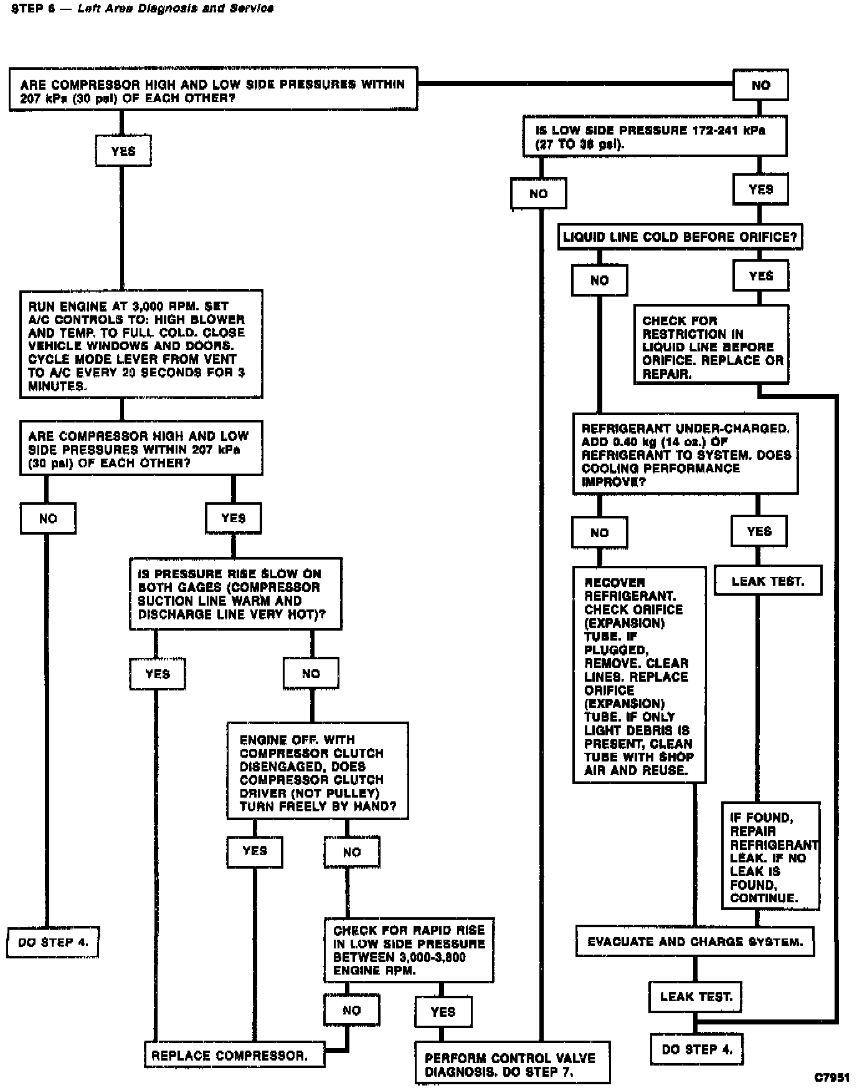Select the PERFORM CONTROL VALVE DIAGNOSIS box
pyautogui.click(x=512, y=1065)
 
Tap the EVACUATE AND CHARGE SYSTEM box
pyautogui.click(x=694, y=942)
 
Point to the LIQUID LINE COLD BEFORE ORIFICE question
pyautogui.click(x=679, y=237)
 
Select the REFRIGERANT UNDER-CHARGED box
pyautogui.click(x=685, y=454)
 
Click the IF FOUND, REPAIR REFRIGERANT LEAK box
pyautogui.click(x=771, y=856)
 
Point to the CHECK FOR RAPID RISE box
pyautogui.click(x=409, y=950)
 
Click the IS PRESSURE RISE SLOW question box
pyautogui.click(x=235, y=594)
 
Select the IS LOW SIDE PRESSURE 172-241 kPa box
pyautogui.click(x=655, y=136)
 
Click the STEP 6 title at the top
pyautogui.click(x=143, y=8)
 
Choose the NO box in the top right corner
pyautogui.click(x=760, y=85)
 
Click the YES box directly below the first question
pyautogui.click(x=123, y=151)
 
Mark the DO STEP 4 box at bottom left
pyautogui.click(x=53, y=942)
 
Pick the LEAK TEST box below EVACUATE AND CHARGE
pyautogui.click(x=696, y=996)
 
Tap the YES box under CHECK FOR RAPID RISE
pyautogui.click(x=443, y=1012)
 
